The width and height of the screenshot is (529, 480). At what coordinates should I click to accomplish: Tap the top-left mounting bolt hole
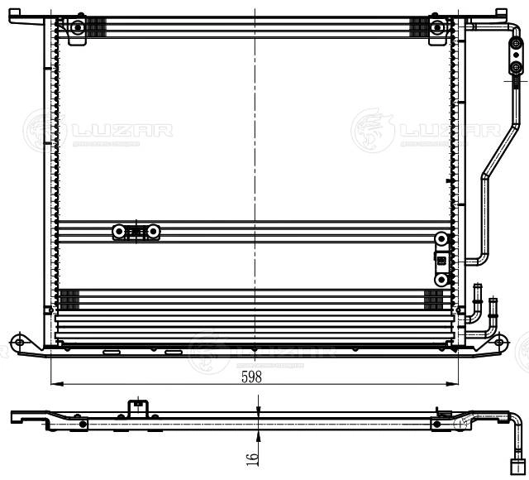76,27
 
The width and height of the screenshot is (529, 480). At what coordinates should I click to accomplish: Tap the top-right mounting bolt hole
436,27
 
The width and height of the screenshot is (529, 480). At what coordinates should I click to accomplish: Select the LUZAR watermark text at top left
119,130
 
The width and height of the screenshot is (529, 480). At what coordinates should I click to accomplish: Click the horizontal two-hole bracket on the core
136,233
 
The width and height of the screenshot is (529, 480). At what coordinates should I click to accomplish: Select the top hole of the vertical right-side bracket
442,241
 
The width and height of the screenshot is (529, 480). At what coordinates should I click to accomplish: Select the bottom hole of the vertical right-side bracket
442,279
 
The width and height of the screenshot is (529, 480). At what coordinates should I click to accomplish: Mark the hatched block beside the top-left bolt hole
97,27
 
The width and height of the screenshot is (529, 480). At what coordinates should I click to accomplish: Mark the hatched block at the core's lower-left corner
68,298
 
